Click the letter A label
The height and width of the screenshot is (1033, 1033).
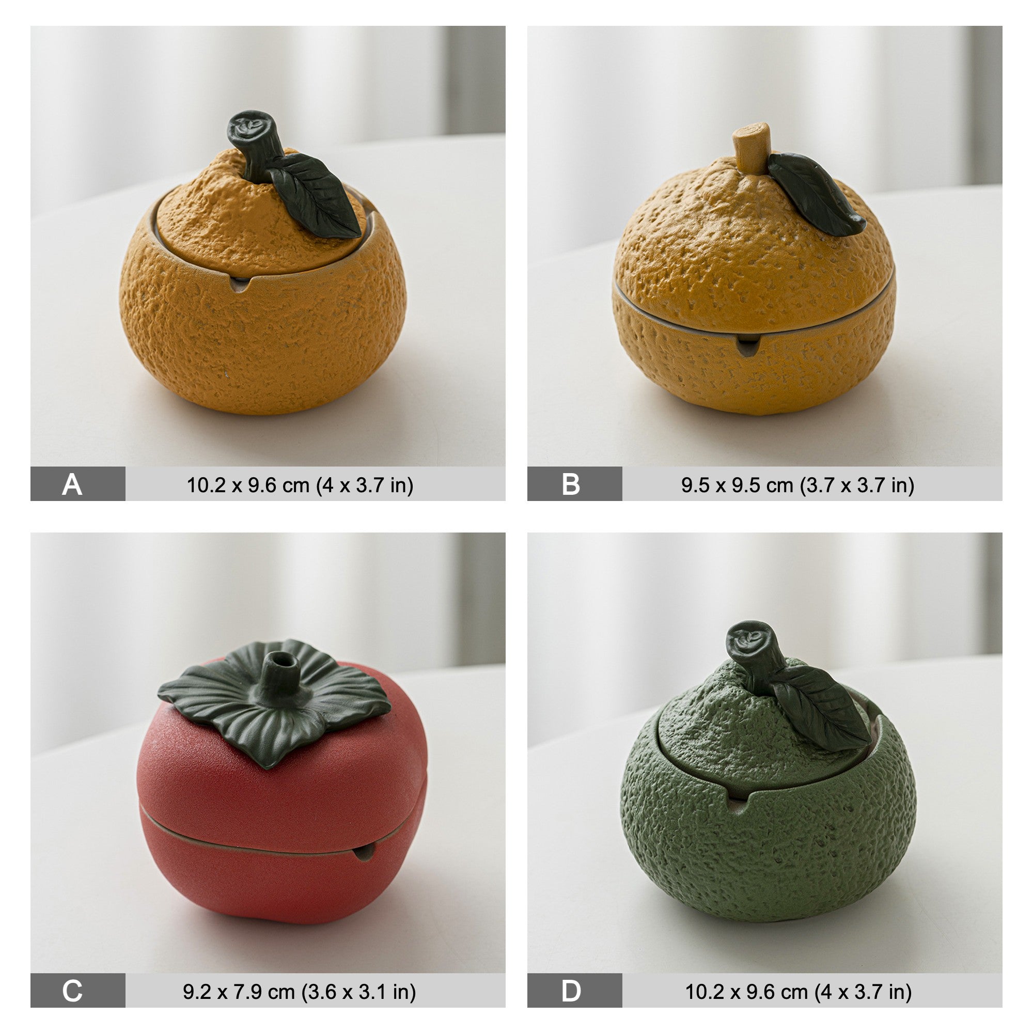point(72,485)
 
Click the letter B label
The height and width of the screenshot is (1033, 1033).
point(571,484)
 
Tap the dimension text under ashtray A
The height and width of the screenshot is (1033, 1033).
point(300,485)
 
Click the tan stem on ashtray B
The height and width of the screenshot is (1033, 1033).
point(752,148)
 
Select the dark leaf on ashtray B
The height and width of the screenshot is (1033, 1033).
point(816,194)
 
